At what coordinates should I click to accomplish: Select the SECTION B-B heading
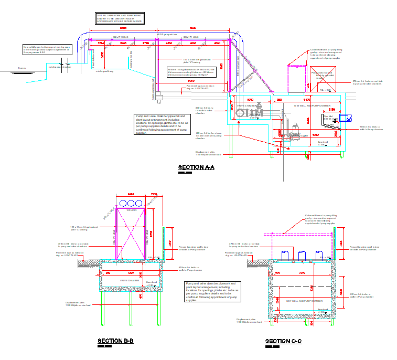pos(115,341)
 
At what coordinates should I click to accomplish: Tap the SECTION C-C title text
pos(284,341)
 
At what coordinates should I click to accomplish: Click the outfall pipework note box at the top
pos(120,19)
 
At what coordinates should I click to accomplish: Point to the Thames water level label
pos(21,68)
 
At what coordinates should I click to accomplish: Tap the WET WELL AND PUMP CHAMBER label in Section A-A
pos(310,105)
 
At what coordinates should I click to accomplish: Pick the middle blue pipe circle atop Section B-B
pos(130,203)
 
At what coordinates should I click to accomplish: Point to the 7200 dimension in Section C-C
pos(302,273)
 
